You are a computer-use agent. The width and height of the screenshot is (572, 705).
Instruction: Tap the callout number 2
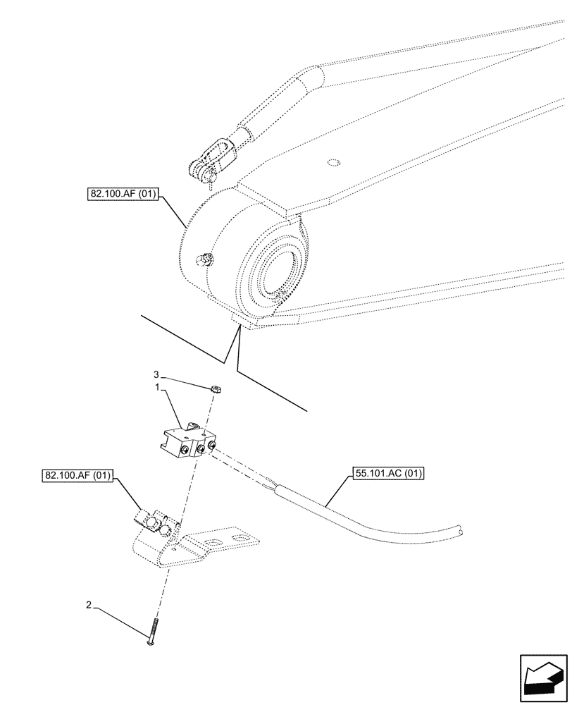88,604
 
